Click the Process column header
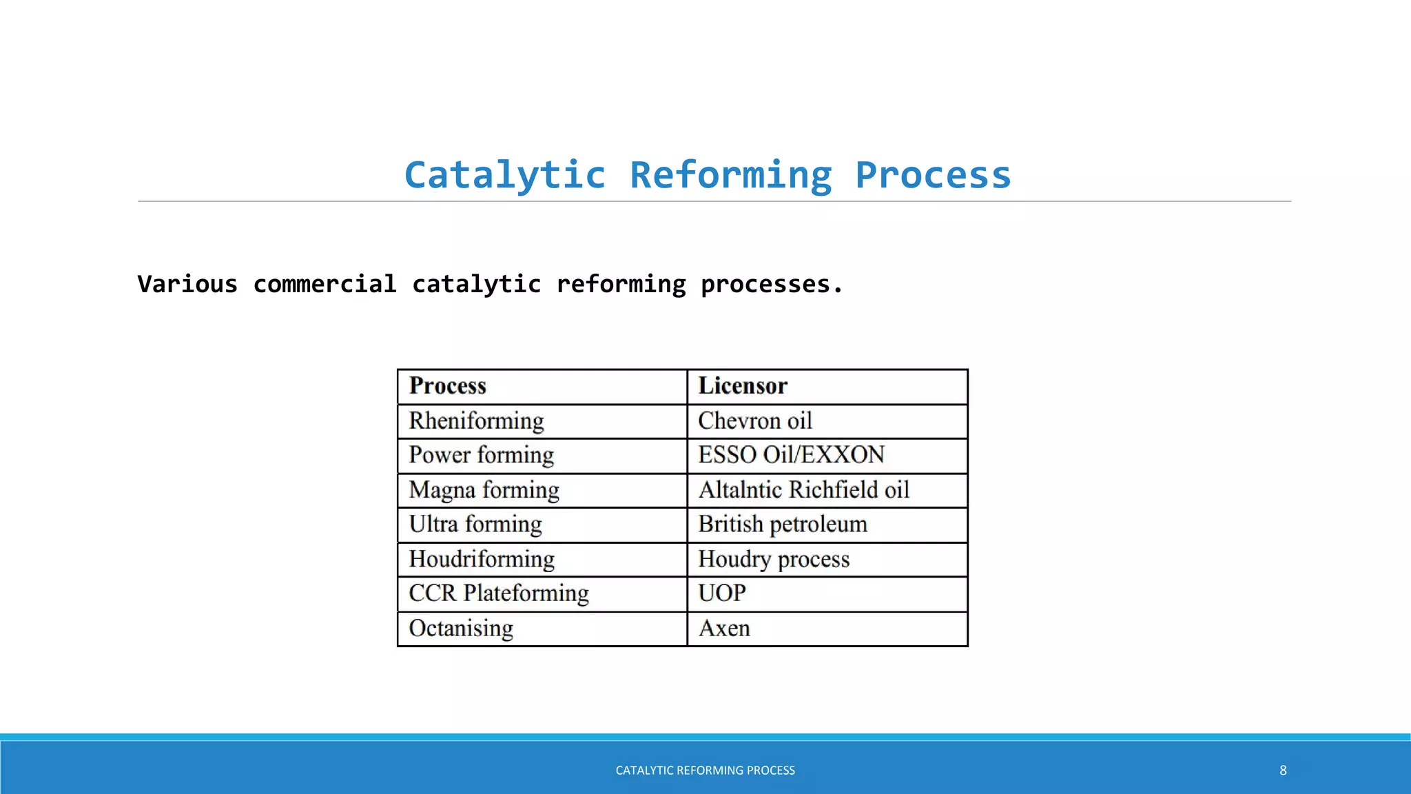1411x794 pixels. (x=448, y=386)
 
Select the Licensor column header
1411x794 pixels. (x=743, y=386)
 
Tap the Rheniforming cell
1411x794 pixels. (x=476, y=421)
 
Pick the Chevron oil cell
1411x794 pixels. (x=755, y=421)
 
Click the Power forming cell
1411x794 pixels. (x=481, y=456)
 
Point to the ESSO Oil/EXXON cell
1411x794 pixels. (x=791, y=456)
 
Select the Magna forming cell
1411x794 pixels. (x=484, y=490)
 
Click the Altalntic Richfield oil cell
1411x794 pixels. (x=803, y=490)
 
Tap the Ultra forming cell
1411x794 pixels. (x=475, y=525)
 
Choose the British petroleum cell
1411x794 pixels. (x=783, y=525)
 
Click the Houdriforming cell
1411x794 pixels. (x=482, y=559)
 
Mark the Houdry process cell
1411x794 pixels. (x=774, y=559)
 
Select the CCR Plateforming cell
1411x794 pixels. (x=499, y=593)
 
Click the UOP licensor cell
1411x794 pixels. (x=722, y=593)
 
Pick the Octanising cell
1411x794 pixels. (x=461, y=629)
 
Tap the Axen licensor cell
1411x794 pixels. (x=724, y=629)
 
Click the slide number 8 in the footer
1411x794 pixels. (x=1283, y=771)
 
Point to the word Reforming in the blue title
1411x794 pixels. (x=731, y=175)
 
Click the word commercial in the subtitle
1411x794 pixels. (x=325, y=284)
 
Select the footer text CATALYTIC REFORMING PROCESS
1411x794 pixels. (x=705, y=771)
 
